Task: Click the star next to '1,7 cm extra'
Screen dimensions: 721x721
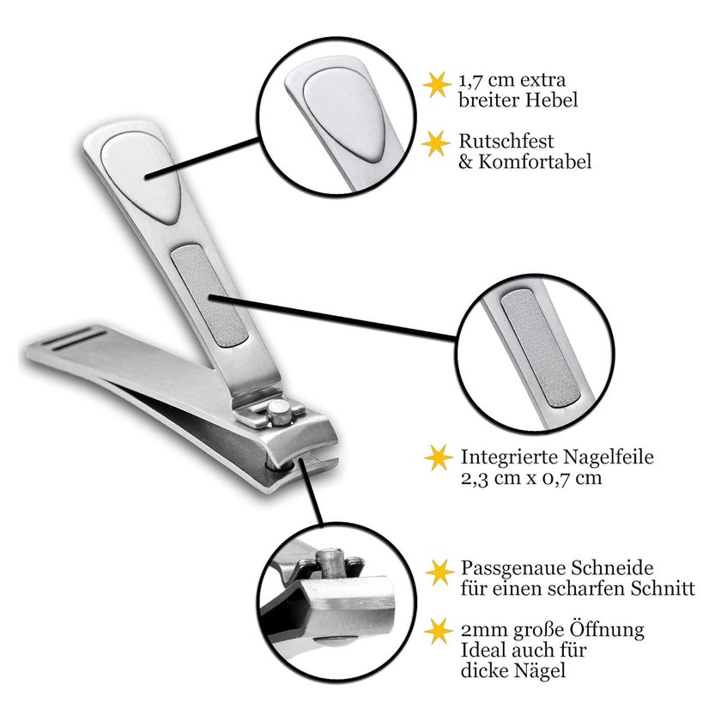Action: [436, 85]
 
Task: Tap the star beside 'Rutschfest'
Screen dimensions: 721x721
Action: [436, 143]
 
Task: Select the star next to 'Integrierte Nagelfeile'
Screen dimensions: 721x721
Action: [438, 457]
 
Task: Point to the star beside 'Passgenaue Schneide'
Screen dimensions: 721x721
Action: [439, 572]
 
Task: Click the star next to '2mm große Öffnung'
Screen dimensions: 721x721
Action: [439, 632]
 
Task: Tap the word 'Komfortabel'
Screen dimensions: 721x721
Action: [535, 161]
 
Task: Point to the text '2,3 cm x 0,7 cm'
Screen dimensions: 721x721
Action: [531, 478]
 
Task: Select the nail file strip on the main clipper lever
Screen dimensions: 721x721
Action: [209, 295]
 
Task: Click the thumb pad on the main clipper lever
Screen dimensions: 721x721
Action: [141, 178]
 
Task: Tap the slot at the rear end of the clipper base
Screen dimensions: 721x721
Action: [79, 338]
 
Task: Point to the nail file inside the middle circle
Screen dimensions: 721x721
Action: [540, 349]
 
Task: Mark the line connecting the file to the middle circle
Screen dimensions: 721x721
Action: [332, 318]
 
